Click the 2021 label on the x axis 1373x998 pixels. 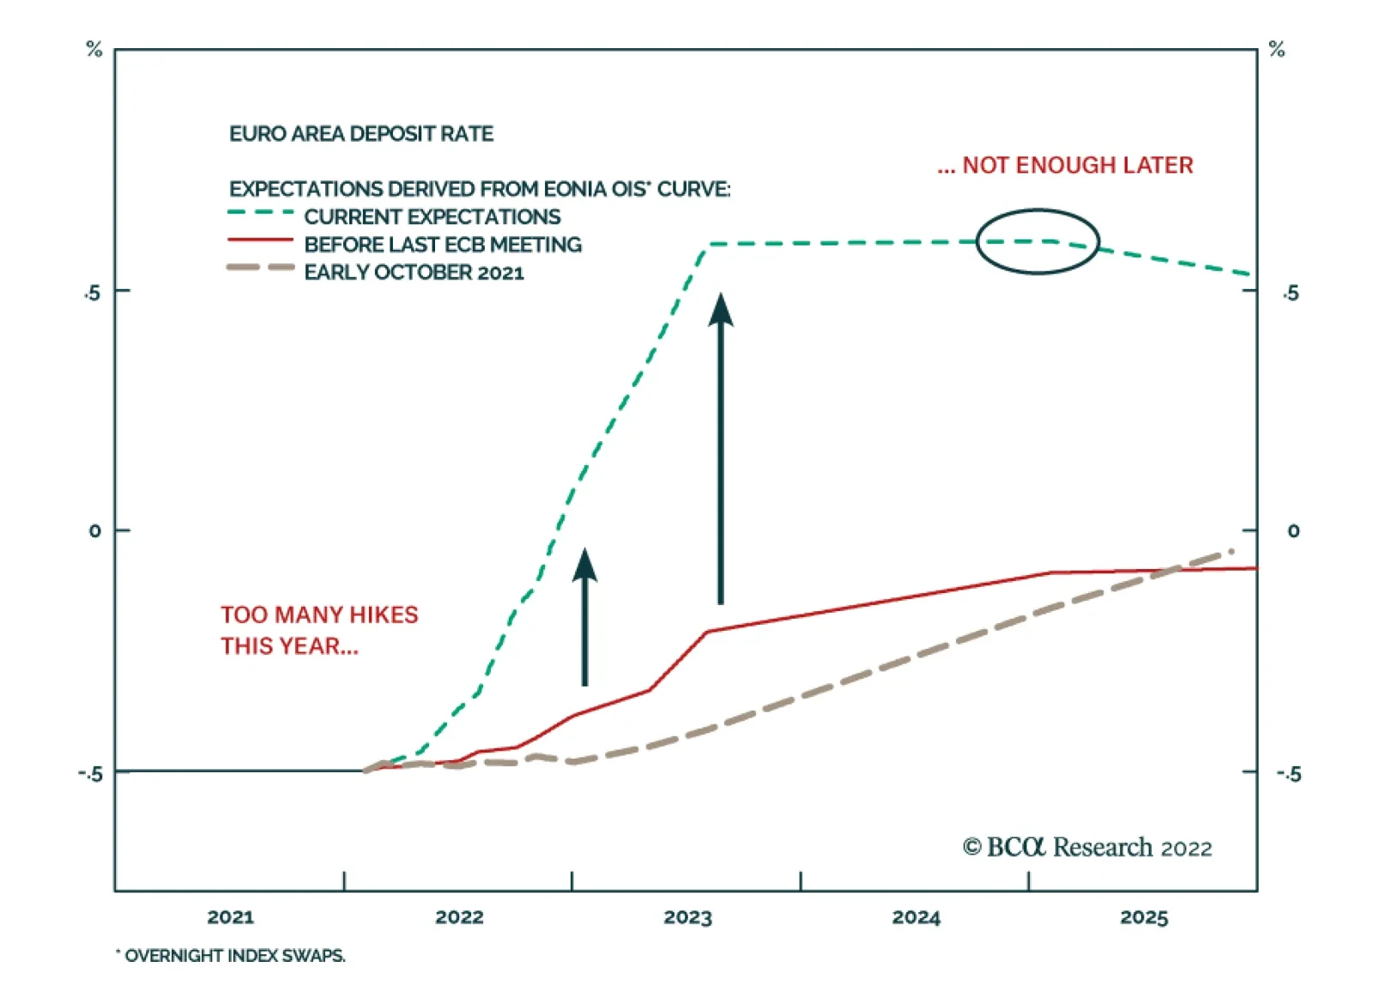click(x=230, y=917)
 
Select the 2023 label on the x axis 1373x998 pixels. click(x=687, y=917)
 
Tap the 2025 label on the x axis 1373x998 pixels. click(x=1144, y=917)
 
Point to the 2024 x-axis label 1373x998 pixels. click(x=916, y=917)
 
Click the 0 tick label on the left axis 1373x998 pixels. click(x=94, y=531)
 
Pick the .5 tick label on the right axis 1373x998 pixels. click(x=1291, y=293)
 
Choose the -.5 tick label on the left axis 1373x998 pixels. click(x=90, y=773)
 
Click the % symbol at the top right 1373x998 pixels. click(x=1277, y=50)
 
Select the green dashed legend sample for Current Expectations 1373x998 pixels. click(x=260, y=213)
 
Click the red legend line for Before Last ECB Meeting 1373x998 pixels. click(x=260, y=241)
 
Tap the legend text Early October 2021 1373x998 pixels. click(x=414, y=272)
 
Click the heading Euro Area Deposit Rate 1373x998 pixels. click(x=361, y=134)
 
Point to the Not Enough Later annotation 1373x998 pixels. click(x=1065, y=165)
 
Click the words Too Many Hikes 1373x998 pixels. click(x=319, y=614)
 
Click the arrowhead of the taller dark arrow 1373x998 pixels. click(x=721, y=309)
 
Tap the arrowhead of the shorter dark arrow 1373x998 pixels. click(x=584, y=564)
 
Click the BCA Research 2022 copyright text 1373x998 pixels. click(x=1087, y=848)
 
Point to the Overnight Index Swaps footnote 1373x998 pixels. click(x=232, y=955)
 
